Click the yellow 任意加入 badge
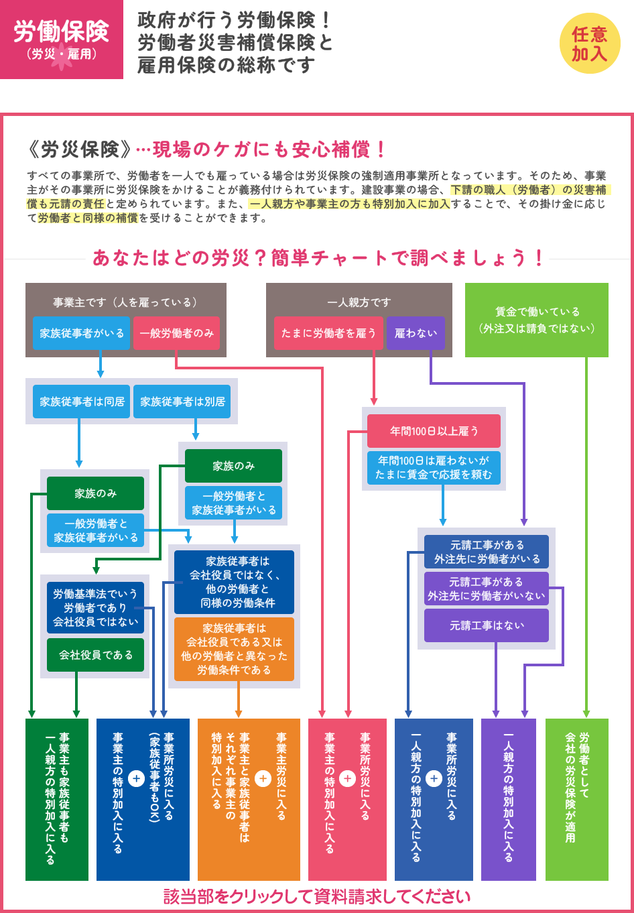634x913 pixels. [590, 44]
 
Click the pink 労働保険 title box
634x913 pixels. [62, 40]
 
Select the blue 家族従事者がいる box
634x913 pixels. [82, 333]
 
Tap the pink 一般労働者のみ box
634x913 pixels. [177, 333]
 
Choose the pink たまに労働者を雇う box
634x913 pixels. [328, 333]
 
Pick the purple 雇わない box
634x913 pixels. [416, 333]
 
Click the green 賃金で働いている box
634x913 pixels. [536, 320]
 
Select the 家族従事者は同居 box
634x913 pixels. [82, 402]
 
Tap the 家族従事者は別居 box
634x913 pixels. [182, 402]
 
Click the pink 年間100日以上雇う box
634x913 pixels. [434, 431]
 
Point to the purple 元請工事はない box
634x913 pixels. [487, 625]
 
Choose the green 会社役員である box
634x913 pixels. [95, 655]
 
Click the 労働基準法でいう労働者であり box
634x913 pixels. [95, 607]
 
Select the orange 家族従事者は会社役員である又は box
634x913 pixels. [234, 649]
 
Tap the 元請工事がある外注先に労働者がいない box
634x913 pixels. [487, 589]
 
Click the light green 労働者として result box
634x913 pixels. [576, 799]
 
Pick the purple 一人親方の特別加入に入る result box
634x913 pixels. [509, 799]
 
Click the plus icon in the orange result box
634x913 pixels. [263, 778]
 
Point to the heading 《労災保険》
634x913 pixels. [80, 149]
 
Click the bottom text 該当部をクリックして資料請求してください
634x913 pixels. [317, 897]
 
